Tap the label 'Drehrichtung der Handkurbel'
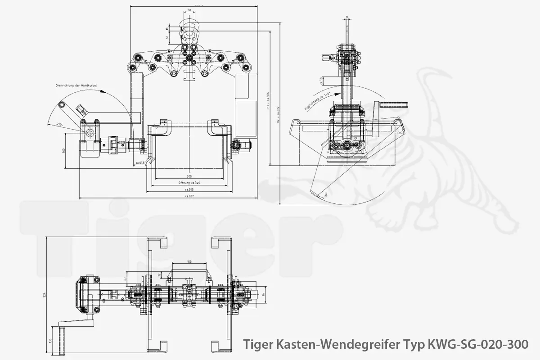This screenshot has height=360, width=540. click(76, 85)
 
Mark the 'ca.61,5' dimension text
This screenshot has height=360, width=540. click(139, 162)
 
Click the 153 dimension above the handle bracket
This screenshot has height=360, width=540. click(189, 261)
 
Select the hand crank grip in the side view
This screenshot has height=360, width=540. click(393, 105)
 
